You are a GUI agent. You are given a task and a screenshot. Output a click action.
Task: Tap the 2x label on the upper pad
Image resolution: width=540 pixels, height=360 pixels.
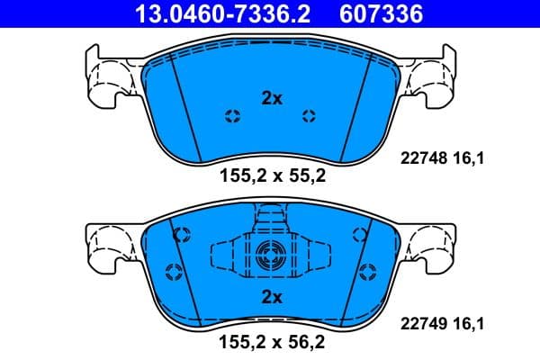click(272, 99)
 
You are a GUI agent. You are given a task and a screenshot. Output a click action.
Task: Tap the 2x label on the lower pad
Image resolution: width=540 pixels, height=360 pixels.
click(272, 296)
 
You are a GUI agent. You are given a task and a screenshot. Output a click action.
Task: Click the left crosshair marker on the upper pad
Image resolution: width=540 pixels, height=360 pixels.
click(232, 114)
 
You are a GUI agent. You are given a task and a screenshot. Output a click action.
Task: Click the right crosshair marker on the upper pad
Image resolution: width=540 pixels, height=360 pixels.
click(310, 114)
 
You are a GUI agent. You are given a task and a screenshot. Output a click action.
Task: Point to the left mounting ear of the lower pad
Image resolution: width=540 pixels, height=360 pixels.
click(108, 247)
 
